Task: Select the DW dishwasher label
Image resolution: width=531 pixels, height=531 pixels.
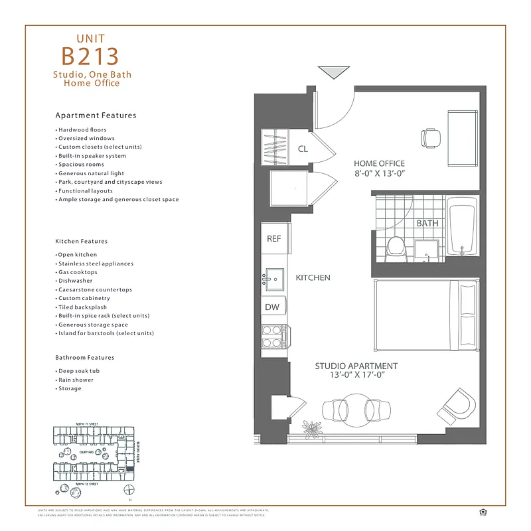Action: pos(273,307)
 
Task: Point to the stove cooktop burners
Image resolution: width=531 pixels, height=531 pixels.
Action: pos(271,337)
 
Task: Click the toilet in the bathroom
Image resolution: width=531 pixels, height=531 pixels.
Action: pos(396,248)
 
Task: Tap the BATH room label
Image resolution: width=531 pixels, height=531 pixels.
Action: pos(427,223)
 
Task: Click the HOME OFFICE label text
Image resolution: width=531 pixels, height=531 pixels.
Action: pos(379,164)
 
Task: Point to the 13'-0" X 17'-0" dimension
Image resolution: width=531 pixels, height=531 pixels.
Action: pos(356,376)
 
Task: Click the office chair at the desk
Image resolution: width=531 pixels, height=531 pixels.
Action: pos(430,137)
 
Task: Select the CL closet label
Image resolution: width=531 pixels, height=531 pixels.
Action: pos(303,149)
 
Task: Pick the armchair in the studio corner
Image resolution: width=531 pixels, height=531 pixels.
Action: pos(459,403)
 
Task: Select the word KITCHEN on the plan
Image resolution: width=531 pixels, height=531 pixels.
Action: pos(313,278)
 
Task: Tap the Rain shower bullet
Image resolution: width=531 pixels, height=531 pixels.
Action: pos(75,380)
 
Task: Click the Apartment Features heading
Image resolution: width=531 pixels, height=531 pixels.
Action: pos(96,115)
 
